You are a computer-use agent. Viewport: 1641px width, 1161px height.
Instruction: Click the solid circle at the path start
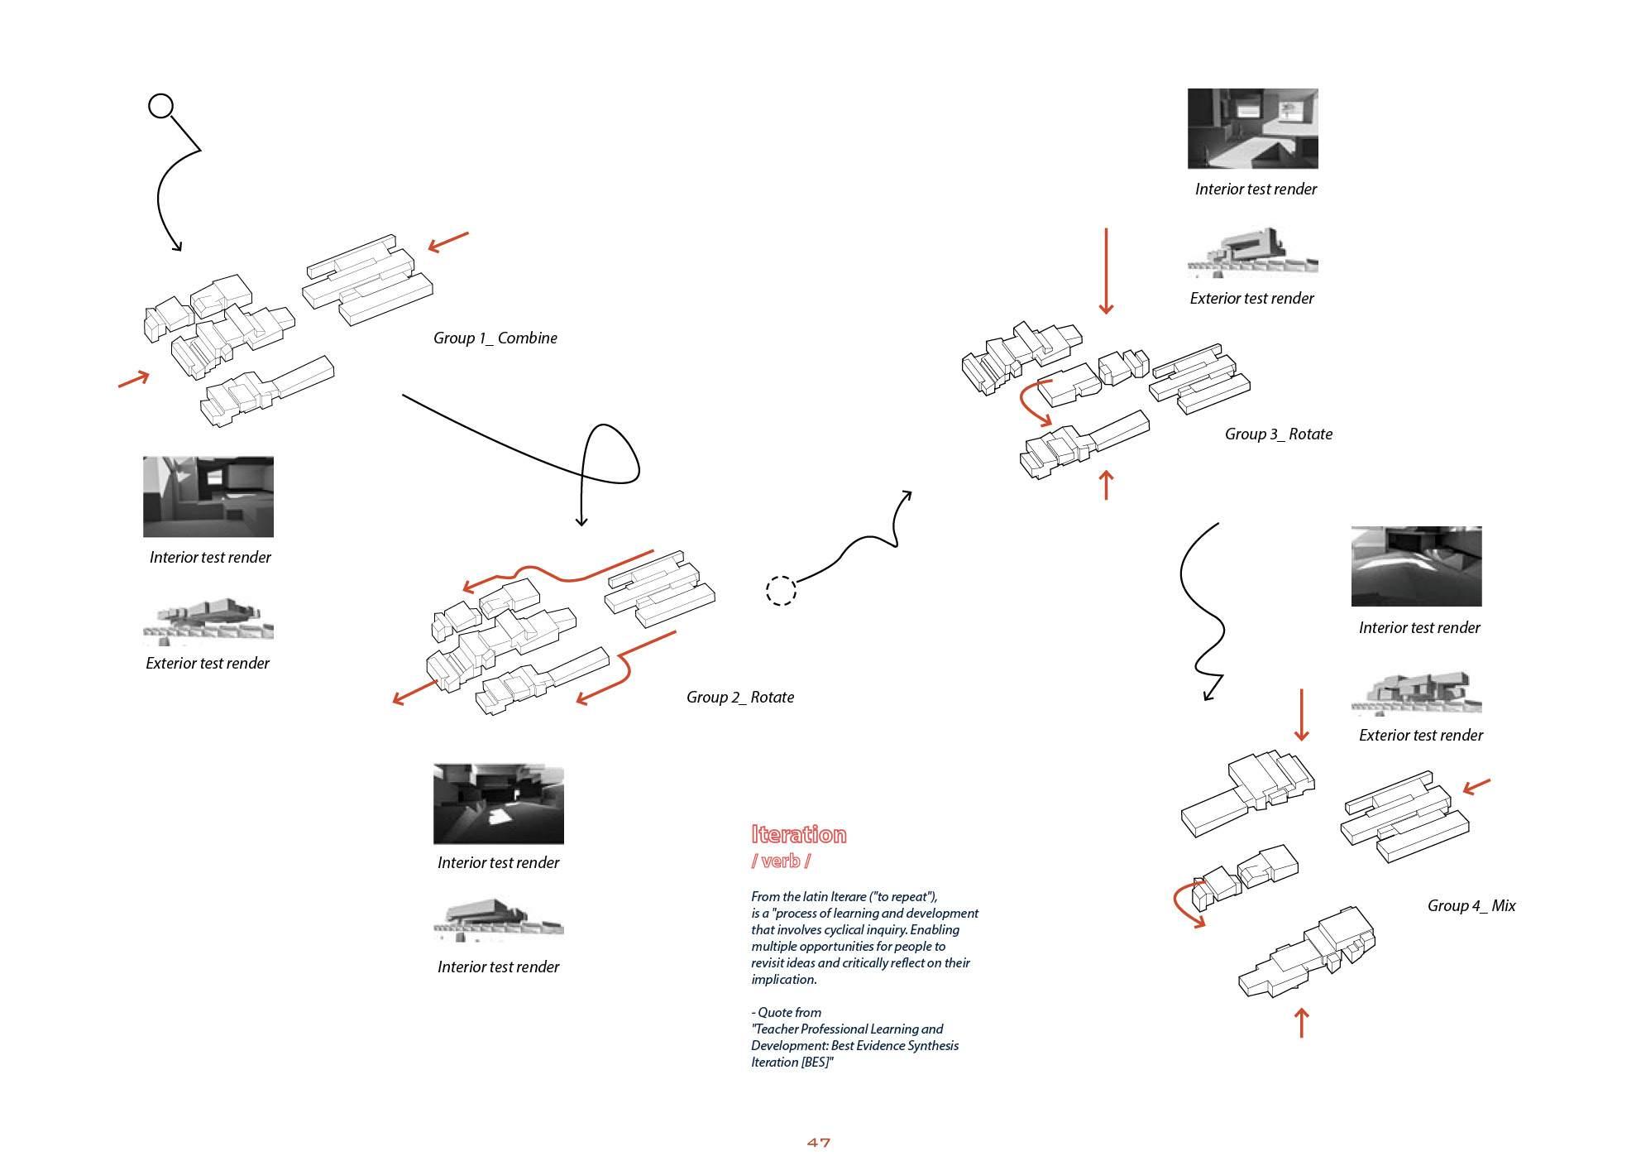point(160,106)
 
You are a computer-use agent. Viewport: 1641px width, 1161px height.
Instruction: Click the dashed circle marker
point(781,590)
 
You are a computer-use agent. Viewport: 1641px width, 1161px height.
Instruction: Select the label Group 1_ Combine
point(495,338)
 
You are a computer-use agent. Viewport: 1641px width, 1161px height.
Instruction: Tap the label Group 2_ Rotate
point(739,697)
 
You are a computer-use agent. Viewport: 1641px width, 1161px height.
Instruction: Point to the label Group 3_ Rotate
point(1278,434)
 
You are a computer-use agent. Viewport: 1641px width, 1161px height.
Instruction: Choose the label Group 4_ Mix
point(1471,905)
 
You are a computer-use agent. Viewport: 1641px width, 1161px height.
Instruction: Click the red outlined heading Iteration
point(798,834)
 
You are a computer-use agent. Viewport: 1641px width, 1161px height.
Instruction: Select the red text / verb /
point(780,861)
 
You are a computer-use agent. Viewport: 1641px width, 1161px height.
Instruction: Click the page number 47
point(818,1143)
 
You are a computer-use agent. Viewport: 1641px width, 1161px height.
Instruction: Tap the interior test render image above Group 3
point(1252,128)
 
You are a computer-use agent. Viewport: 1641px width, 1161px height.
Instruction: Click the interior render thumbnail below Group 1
point(208,497)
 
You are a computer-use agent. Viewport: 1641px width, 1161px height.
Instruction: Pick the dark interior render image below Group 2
point(498,804)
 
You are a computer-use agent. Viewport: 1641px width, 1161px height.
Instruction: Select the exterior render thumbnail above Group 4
point(1416,693)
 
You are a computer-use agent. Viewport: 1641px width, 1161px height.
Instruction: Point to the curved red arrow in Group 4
point(1185,907)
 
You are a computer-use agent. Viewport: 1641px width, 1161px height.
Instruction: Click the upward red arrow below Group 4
point(1301,1022)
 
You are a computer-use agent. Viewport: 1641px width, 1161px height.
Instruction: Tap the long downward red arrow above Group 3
point(1105,271)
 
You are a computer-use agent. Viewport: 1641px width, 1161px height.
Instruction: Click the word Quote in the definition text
point(789,1012)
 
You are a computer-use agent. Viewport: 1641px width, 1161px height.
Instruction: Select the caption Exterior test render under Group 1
point(207,663)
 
